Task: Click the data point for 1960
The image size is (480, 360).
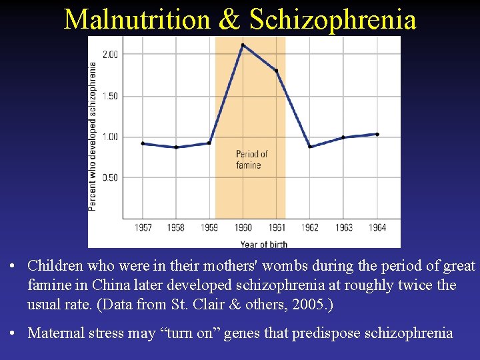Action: [243, 45]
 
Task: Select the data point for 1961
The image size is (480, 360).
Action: [276, 71]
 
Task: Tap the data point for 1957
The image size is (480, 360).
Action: [143, 143]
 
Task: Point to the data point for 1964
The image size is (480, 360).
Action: [377, 134]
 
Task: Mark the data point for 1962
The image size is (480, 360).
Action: [310, 147]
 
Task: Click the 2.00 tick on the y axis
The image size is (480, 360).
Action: [110, 54]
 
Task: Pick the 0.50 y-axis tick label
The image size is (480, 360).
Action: [110, 177]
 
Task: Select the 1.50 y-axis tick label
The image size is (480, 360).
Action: [110, 96]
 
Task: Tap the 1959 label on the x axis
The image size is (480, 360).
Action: [209, 227]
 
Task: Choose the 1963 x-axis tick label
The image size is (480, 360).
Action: [343, 227]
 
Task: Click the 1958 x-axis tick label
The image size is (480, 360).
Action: [176, 227]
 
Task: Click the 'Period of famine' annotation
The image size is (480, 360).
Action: [252, 159]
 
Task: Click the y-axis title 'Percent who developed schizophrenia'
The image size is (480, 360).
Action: [93, 136]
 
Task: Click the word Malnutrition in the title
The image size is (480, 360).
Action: [137, 19]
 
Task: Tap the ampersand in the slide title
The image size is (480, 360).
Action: [229, 19]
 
